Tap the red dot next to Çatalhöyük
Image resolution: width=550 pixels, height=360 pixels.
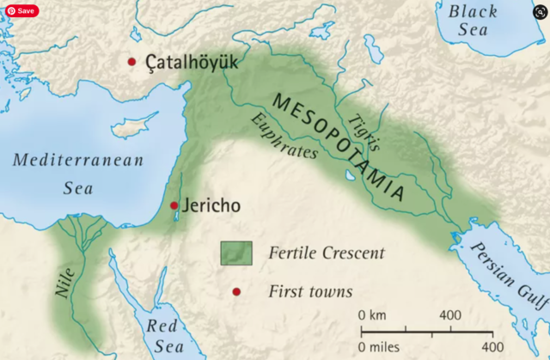131,62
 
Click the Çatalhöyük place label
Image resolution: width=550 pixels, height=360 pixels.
192,63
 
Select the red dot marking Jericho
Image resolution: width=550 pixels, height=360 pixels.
174,205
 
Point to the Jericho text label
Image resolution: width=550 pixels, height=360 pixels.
211,206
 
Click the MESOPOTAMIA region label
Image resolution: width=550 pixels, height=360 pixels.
339,146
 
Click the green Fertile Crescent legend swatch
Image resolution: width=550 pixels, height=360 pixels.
236,253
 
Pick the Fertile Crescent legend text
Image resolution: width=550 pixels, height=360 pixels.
326,253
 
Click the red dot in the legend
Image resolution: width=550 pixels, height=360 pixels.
236,292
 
